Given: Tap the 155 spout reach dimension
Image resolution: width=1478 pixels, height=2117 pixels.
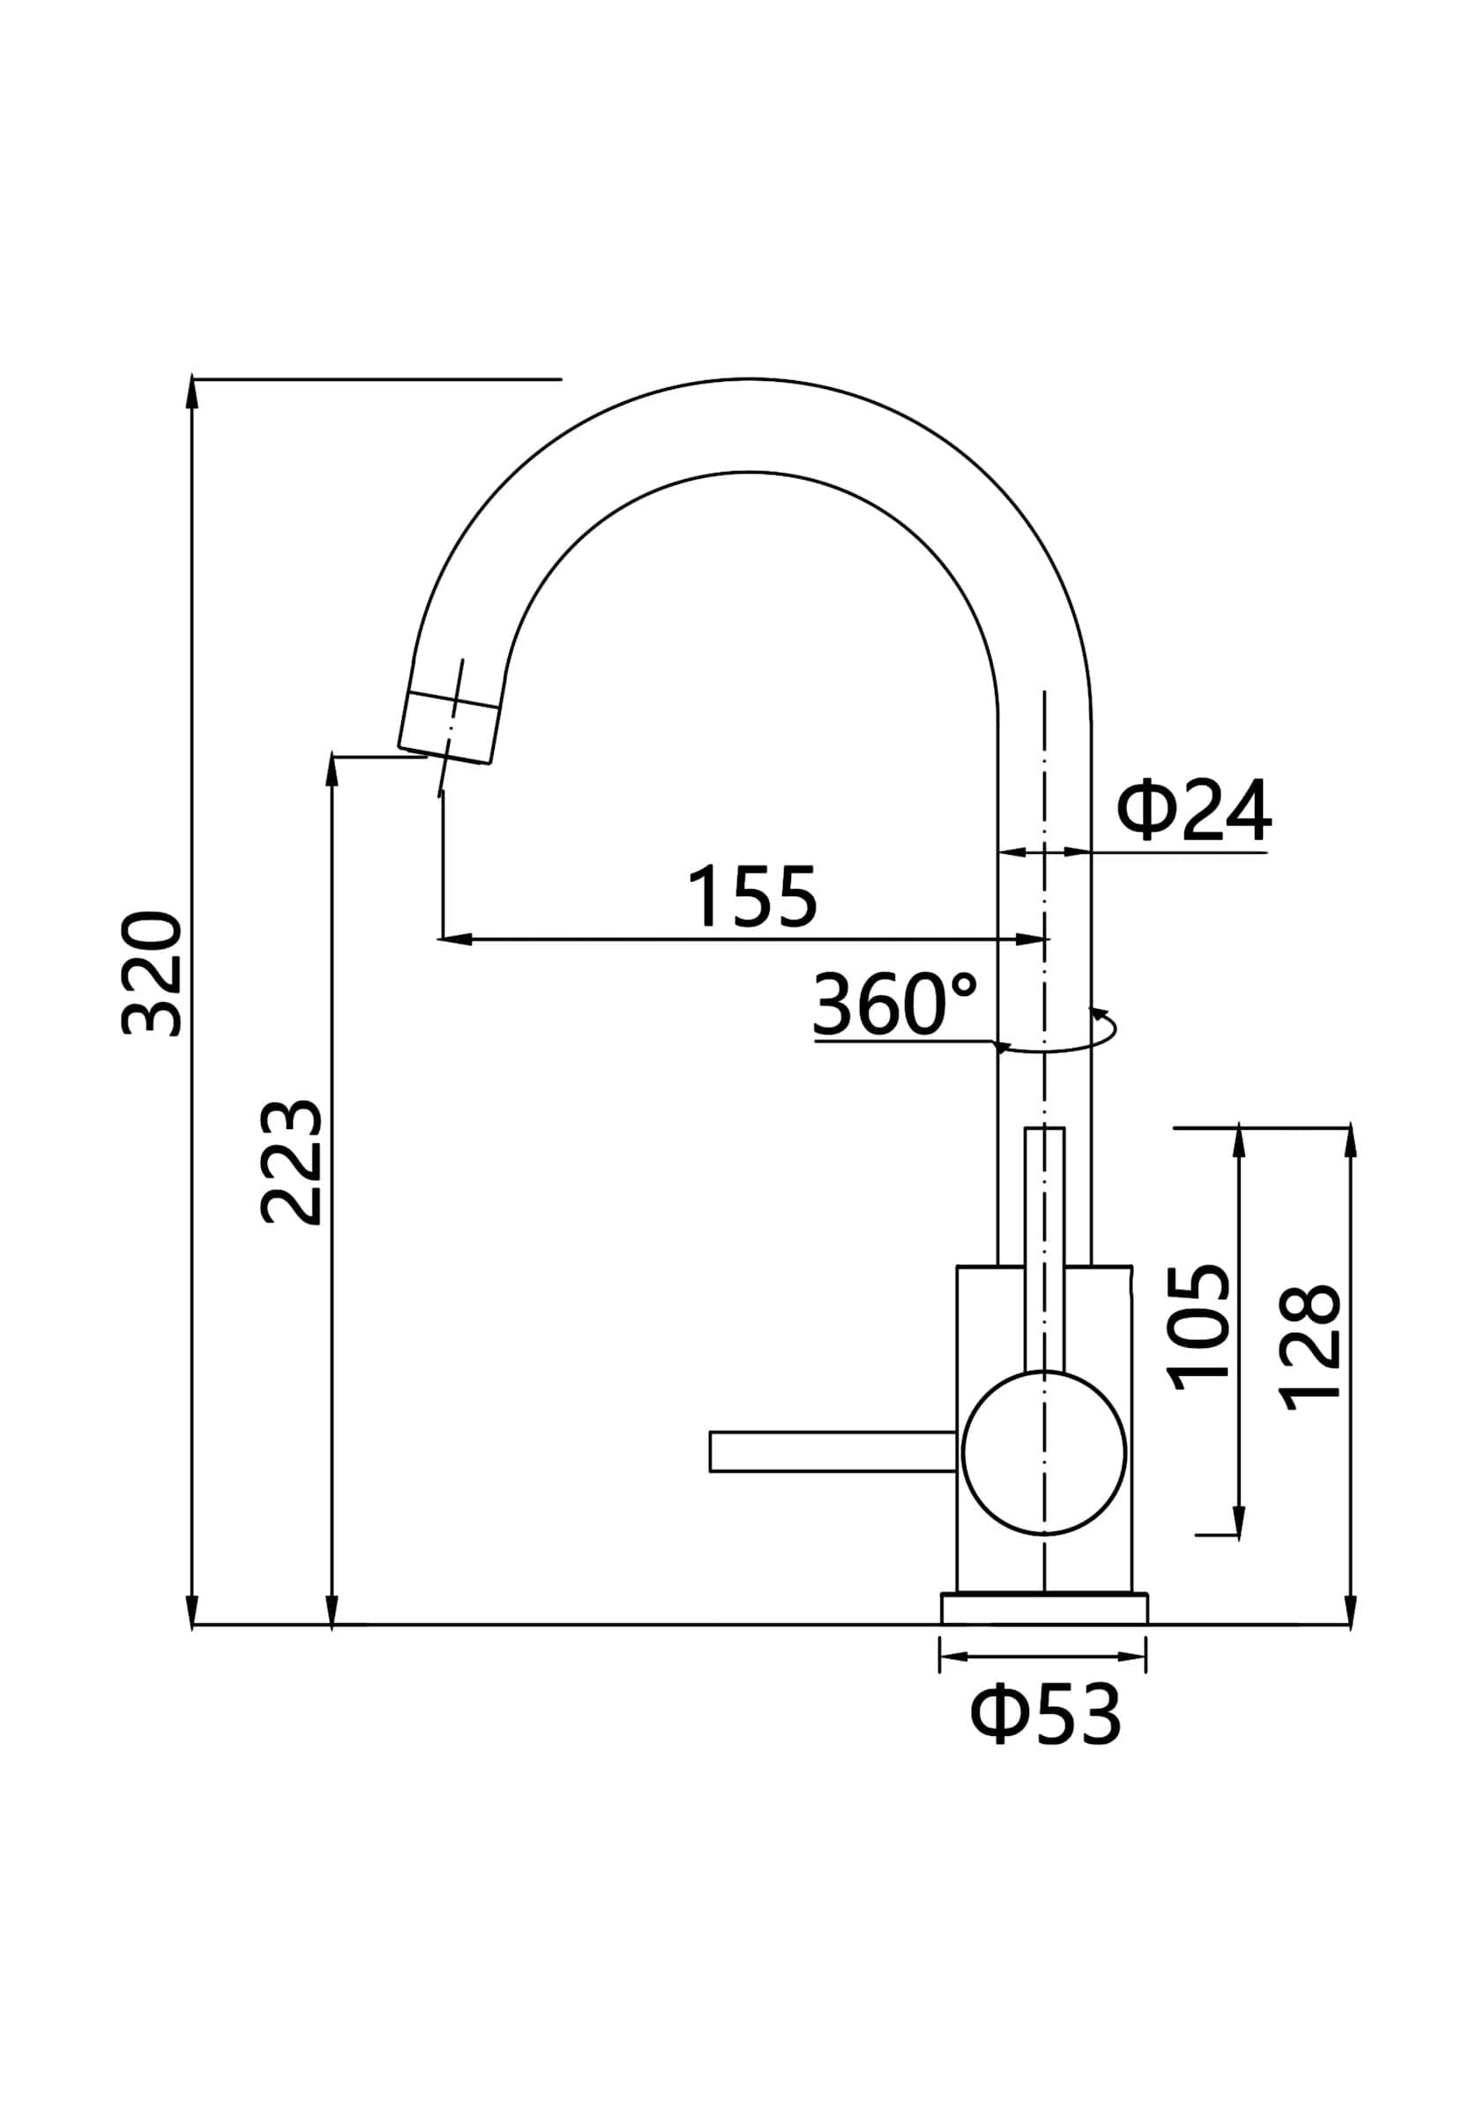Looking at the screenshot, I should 751,895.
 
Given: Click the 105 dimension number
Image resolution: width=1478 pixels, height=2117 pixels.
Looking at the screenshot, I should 1199,1327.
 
